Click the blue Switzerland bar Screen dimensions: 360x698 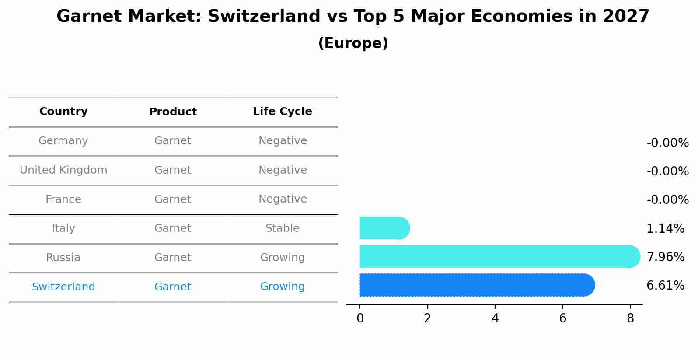pos(477,285)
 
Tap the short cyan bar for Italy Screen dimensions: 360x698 pos(384,228)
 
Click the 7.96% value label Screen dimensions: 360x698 pos(665,257)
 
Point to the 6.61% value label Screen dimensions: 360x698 pos(665,286)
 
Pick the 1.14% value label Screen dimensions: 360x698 pos(665,228)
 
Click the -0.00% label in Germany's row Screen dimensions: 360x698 pos(667,143)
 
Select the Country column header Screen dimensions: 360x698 pos(63,112)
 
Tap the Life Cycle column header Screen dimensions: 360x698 pos(282,112)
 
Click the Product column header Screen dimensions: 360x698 pos(173,112)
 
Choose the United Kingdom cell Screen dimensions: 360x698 pos(63,170)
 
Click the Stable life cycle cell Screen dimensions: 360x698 pos(282,228)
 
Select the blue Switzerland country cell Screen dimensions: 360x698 pos(63,287)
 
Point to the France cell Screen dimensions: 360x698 pos(63,199)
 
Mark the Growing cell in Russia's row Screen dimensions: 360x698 pos(282,258)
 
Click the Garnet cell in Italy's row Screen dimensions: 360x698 pos(173,228)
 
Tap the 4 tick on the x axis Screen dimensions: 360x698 pos(495,318)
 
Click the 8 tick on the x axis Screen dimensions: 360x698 pos(630,318)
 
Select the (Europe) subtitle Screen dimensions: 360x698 pos(353,43)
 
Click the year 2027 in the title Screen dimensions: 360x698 pos(626,17)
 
